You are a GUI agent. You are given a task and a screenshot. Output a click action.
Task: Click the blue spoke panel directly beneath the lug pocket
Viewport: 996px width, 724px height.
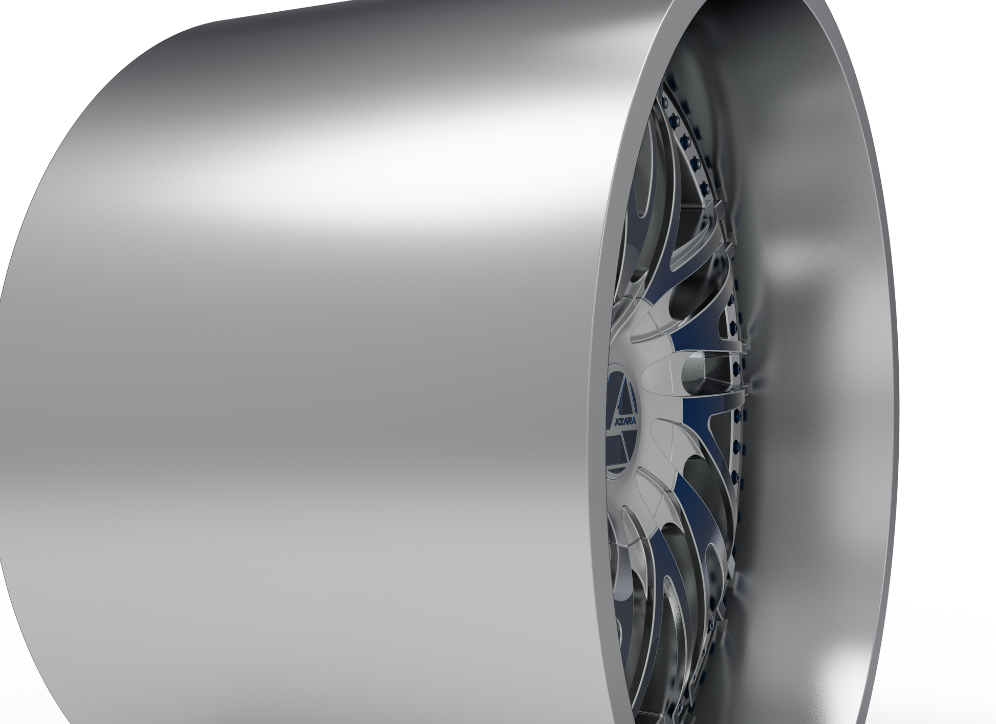[x=701, y=410]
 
